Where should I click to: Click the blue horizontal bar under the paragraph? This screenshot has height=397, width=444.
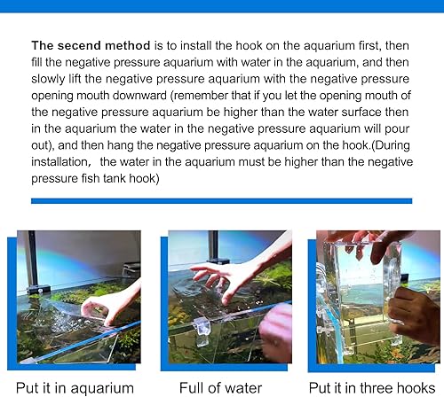click(x=221, y=201)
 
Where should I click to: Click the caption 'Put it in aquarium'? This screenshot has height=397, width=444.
click(x=76, y=387)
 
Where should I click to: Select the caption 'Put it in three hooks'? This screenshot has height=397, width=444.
click(x=370, y=387)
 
